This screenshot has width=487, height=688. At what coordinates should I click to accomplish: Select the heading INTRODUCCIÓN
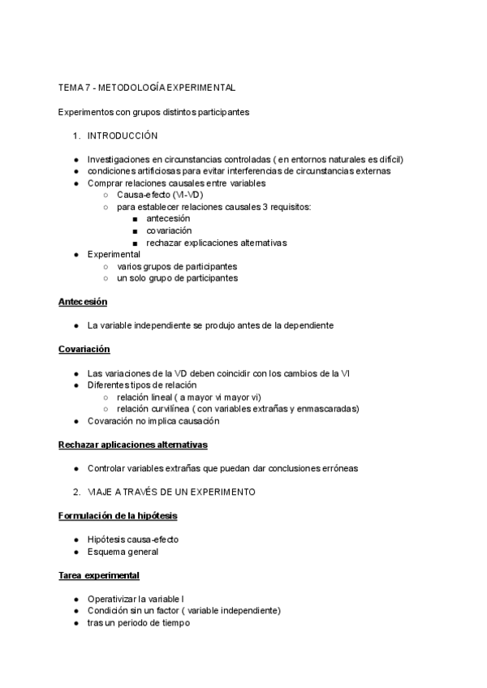pyautogui.click(x=123, y=135)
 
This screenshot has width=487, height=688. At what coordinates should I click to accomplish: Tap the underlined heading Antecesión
pyautogui.click(x=83, y=302)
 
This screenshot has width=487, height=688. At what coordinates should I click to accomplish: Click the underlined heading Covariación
pyautogui.click(x=84, y=349)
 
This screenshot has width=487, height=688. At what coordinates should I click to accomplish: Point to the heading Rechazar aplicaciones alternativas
pyautogui.click(x=133, y=445)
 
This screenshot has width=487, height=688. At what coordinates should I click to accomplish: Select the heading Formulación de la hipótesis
pyautogui.click(x=119, y=516)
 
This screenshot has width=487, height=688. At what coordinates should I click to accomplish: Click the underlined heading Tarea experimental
pyautogui.click(x=99, y=575)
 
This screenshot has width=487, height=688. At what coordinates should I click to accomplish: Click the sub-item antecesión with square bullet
pyautogui.click(x=168, y=219)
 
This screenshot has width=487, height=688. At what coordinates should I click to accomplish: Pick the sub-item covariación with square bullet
pyautogui.click(x=169, y=230)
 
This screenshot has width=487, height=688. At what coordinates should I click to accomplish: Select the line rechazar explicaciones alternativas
pyautogui.click(x=217, y=243)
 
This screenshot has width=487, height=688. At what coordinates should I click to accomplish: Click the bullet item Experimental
pyautogui.click(x=114, y=254)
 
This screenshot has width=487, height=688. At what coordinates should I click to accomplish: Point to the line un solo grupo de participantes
pyautogui.click(x=178, y=277)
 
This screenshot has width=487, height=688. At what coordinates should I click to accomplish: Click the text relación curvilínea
pyautogui.click(x=156, y=409)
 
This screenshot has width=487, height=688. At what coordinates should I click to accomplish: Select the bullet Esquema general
pyautogui.click(x=123, y=552)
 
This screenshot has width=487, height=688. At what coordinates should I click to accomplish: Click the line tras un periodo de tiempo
pyautogui.click(x=138, y=623)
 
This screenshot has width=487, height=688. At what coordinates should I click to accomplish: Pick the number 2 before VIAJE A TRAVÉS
pyautogui.click(x=75, y=492)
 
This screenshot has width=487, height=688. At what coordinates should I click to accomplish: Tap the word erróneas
pyautogui.click(x=338, y=468)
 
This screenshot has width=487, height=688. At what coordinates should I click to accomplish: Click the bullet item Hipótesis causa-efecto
pyautogui.click(x=133, y=540)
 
